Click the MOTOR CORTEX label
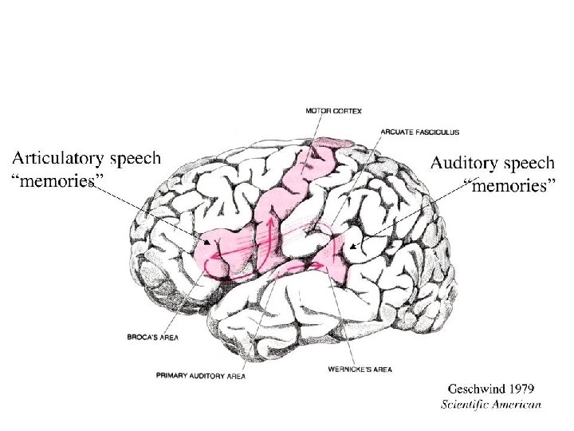pos(333,111)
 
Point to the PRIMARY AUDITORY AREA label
pos(201,374)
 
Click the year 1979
pos(521,389)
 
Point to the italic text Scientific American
pos(492,404)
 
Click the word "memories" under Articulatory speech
pos(57,180)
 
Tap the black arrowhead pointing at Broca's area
pos(207,242)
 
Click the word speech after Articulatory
pos(135,158)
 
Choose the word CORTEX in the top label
pos(348,111)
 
